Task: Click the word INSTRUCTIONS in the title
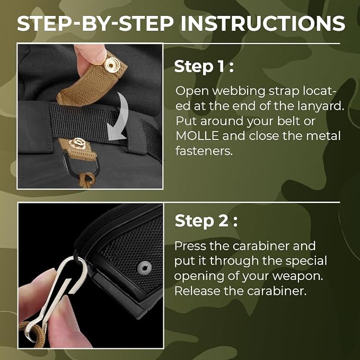click(263, 23)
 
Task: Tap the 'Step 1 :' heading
click(204, 66)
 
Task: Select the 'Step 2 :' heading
click(206, 221)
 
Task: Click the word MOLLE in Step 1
click(197, 136)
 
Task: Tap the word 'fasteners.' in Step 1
click(204, 151)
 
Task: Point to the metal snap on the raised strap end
click(112, 65)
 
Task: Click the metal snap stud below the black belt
click(77, 143)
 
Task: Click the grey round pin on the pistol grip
click(144, 267)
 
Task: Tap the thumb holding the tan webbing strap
click(90, 55)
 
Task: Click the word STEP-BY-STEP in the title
click(95, 23)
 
